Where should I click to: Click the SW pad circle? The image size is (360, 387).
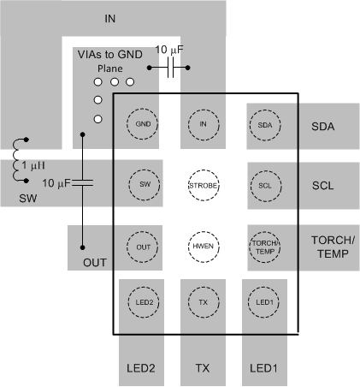(142, 184)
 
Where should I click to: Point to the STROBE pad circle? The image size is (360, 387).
(204, 184)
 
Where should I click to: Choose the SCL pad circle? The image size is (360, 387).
(264, 184)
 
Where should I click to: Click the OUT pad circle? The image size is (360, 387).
(142, 245)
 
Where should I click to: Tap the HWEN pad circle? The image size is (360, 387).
(204, 245)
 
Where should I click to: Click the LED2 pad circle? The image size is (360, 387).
(142, 302)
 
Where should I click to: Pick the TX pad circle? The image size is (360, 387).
(204, 302)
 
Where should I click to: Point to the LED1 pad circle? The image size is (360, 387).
(264, 302)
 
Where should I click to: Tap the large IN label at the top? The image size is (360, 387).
(109, 18)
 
